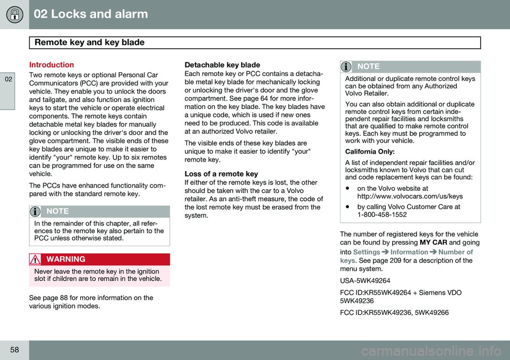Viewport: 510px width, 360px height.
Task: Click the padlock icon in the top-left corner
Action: (x=14, y=14)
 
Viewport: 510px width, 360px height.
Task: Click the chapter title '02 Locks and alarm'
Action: (x=91, y=14)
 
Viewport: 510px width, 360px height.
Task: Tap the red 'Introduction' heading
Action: (x=52, y=64)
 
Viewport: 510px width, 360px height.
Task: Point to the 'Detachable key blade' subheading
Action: (x=222, y=64)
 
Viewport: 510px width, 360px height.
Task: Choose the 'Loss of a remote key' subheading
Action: (x=221, y=174)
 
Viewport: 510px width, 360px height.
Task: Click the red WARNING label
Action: (x=65, y=259)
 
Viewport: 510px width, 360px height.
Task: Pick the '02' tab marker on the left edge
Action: (x=6, y=79)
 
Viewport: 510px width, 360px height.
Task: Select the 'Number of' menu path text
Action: (x=455, y=252)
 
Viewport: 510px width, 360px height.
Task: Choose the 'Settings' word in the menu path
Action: (x=367, y=252)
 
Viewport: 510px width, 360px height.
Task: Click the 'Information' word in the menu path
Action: (x=409, y=252)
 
